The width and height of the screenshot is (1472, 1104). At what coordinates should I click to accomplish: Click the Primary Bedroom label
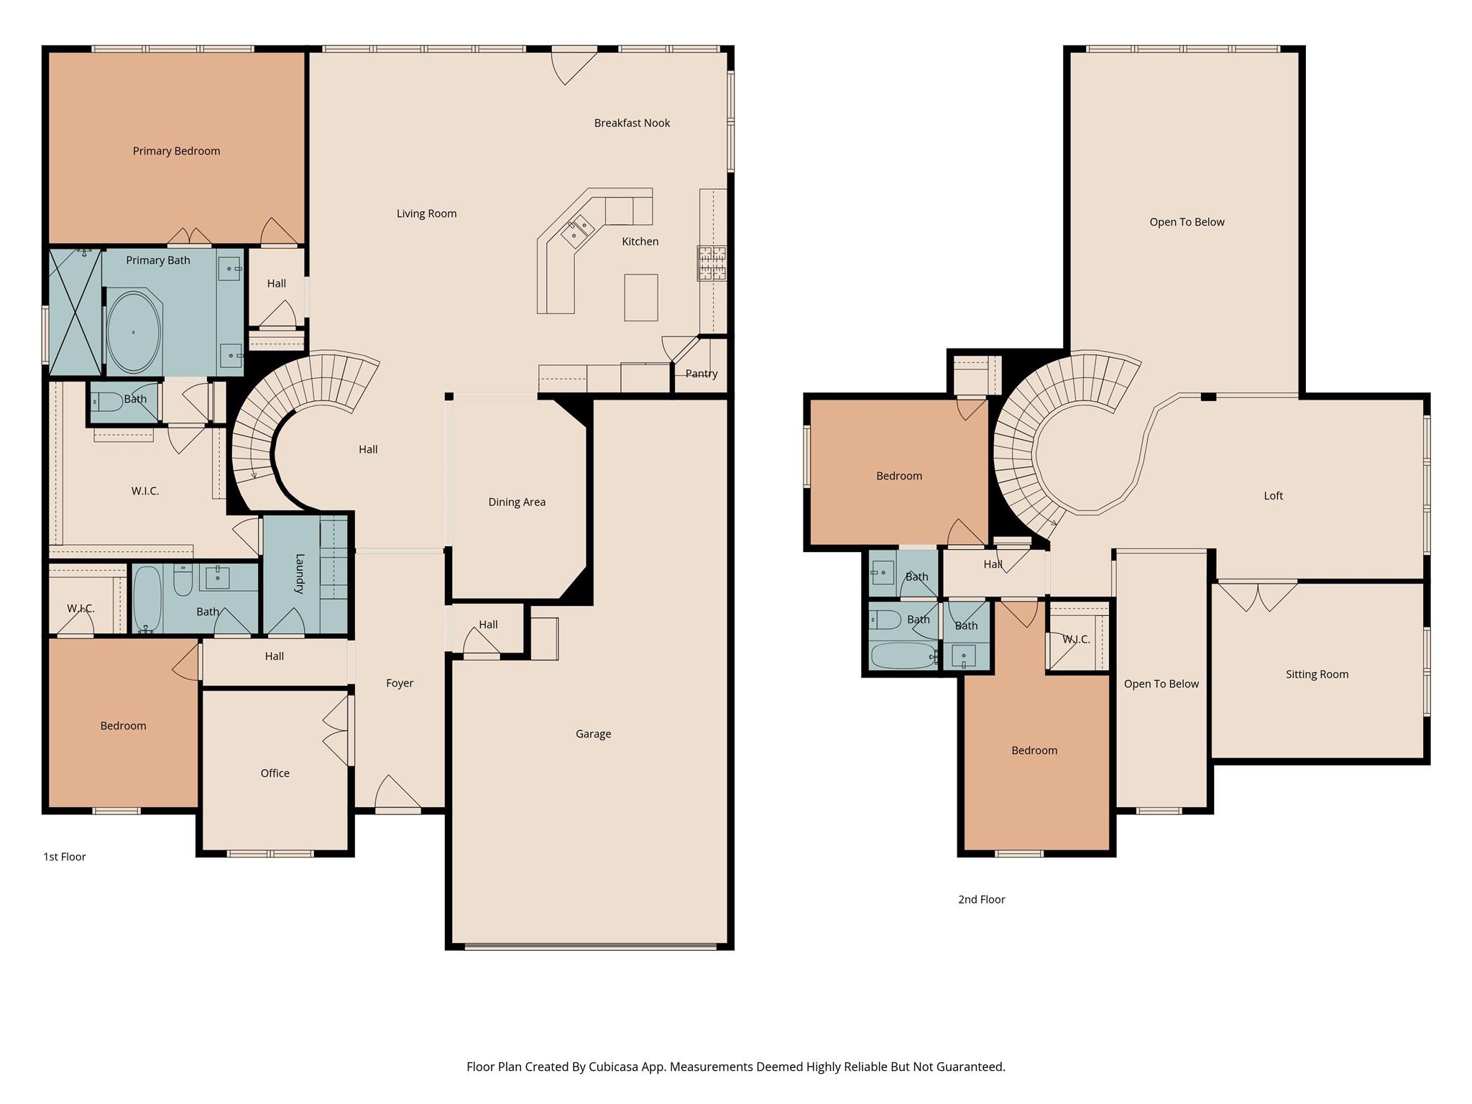[x=176, y=151]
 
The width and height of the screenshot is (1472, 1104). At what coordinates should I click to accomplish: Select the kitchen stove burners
[x=712, y=263]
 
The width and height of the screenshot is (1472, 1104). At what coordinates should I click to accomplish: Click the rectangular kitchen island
[x=640, y=297]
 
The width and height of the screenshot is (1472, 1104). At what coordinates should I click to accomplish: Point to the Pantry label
[x=701, y=374]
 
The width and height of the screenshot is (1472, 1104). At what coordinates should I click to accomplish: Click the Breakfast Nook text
[x=632, y=123]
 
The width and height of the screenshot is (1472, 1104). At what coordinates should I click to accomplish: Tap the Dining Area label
[x=517, y=502]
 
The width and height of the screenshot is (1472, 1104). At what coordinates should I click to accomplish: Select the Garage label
[x=593, y=734]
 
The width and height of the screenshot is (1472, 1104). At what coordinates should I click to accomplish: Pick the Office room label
[x=275, y=773]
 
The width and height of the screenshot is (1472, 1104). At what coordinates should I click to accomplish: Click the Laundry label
[x=300, y=573]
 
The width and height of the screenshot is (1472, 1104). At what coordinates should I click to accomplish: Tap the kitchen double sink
[x=579, y=229]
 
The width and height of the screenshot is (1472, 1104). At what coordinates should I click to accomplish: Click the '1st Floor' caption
[x=65, y=857]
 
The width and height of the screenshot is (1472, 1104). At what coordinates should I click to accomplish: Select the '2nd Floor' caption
[x=981, y=899]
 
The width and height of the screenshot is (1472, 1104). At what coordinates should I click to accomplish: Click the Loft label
[x=1273, y=496]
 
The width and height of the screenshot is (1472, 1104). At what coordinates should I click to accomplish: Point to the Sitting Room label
[x=1317, y=674]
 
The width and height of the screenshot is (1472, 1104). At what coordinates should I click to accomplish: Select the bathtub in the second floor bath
[x=903, y=655]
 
